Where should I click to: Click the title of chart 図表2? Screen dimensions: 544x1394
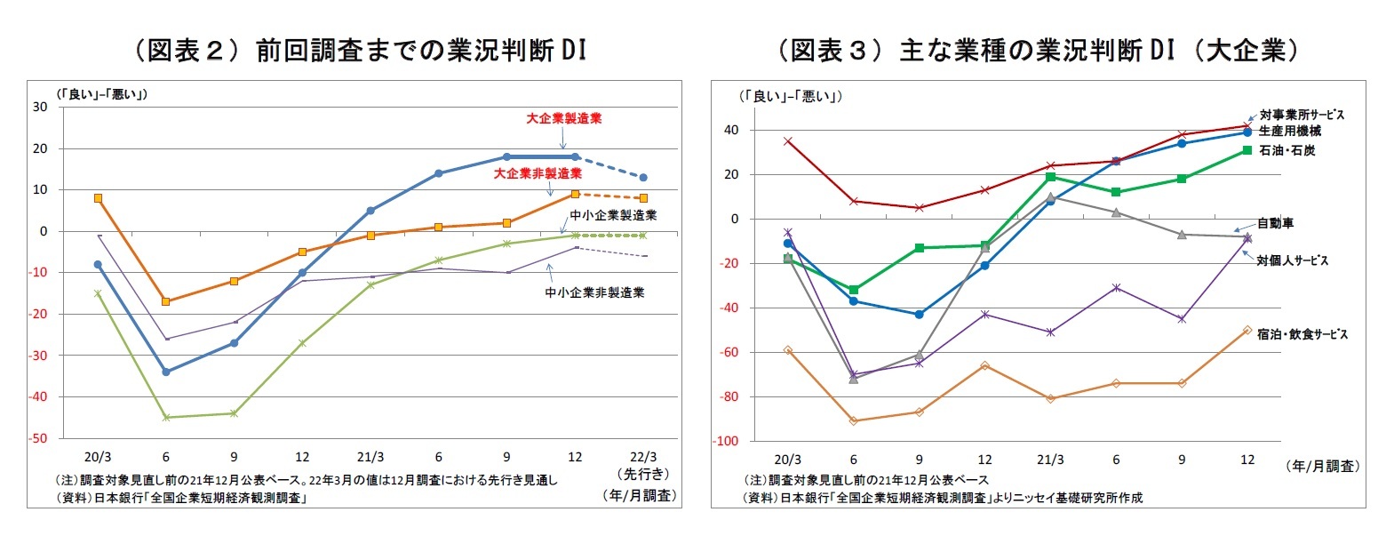pyautogui.click(x=359, y=50)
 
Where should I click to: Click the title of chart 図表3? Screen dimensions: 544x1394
pyautogui.click(x=1037, y=50)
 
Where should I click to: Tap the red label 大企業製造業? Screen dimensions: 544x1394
pyautogui.click(x=563, y=118)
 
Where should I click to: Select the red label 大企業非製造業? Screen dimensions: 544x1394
pyautogui.click(x=538, y=173)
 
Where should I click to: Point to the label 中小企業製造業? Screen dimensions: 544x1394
pyautogui.click(x=613, y=215)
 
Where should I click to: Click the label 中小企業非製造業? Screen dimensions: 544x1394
pyautogui.click(x=594, y=292)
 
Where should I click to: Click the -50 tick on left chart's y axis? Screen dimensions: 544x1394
pyautogui.click(x=40, y=438)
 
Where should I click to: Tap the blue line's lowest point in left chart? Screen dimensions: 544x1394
pyautogui.click(x=166, y=372)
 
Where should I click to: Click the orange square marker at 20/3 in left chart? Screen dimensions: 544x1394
pyautogui.click(x=98, y=198)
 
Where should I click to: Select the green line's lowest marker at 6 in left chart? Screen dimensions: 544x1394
pyautogui.click(x=166, y=417)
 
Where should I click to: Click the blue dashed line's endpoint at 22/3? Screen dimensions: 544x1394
pyautogui.click(x=643, y=178)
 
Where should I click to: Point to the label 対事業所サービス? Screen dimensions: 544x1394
pyautogui.click(x=1302, y=115)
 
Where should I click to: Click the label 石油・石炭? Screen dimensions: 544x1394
pyautogui.click(x=1286, y=151)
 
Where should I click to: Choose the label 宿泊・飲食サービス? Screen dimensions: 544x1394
pyautogui.click(x=1302, y=334)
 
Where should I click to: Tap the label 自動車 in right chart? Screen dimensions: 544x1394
pyautogui.click(x=1275, y=223)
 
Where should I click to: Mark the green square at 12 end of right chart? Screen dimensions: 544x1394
pyautogui.click(x=1247, y=150)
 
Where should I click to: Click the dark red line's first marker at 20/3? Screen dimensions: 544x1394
pyautogui.click(x=788, y=140)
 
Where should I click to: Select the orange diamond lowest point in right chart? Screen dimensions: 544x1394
pyautogui.click(x=854, y=420)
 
